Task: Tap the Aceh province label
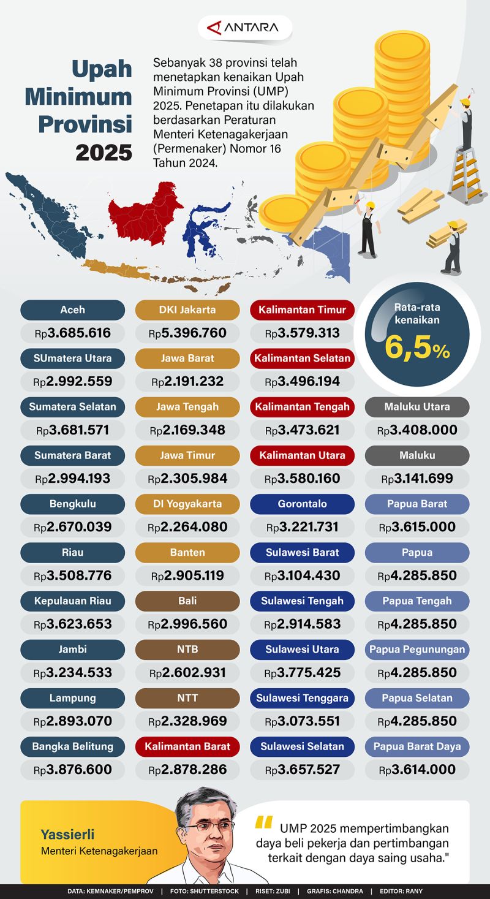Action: [72, 309]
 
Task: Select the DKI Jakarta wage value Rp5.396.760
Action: [187, 333]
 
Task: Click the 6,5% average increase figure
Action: [417, 350]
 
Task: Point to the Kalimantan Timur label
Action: [302, 309]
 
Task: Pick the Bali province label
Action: [187, 601]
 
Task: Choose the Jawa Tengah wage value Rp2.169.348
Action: [187, 430]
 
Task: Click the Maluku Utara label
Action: [417, 406]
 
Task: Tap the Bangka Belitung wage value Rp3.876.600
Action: [72, 770]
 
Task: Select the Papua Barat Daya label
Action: [417, 746]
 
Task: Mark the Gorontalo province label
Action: [302, 504]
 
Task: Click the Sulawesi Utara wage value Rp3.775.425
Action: [302, 673]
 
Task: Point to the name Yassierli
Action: [69, 833]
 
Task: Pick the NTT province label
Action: [187, 697]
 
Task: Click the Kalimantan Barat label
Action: [187, 746]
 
